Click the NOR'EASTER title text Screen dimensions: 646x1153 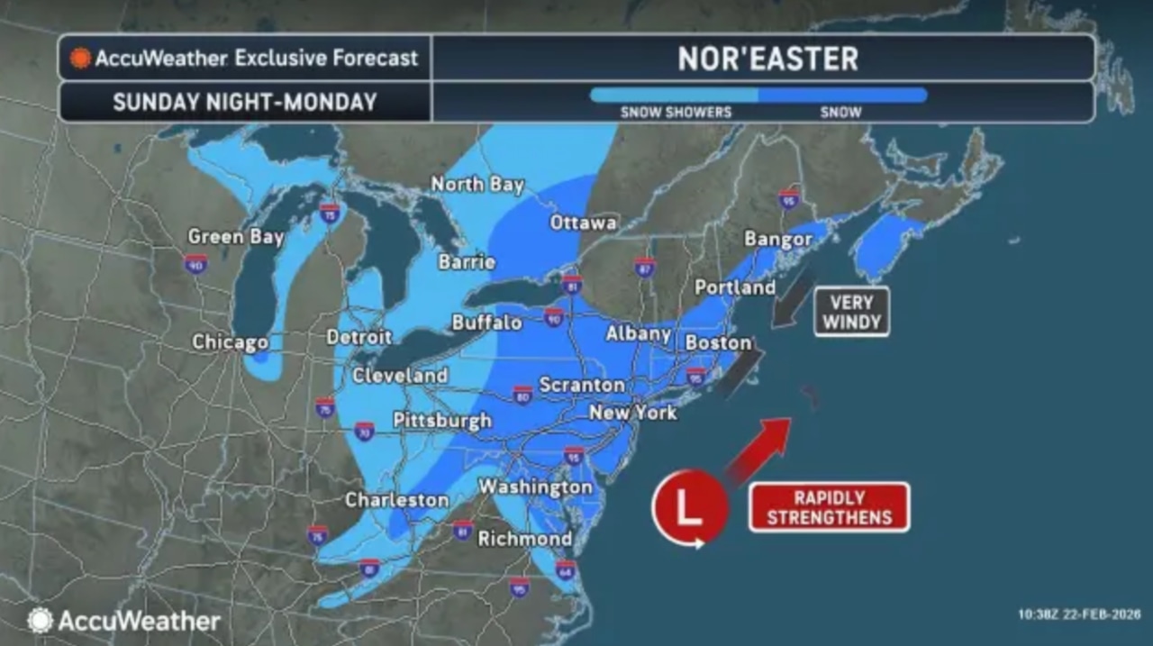click(767, 59)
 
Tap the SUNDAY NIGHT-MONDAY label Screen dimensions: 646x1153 click(244, 102)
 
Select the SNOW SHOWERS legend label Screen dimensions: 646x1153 click(676, 113)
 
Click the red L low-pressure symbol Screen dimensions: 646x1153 click(689, 507)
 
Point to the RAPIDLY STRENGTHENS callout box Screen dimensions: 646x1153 click(829, 507)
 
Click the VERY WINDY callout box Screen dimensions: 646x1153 click(851, 312)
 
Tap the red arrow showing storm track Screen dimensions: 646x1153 click(758, 446)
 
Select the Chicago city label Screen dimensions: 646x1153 click(230, 342)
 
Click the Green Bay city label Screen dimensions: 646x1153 click(235, 237)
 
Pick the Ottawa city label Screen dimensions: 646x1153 click(583, 222)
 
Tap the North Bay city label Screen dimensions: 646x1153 click(477, 184)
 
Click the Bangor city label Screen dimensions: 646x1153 click(778, 239)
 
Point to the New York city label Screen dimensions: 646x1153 click(632, 413)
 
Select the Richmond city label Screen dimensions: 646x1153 click(524, 539)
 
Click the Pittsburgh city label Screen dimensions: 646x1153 click(442, 420)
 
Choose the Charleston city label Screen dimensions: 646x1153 click(396, 499)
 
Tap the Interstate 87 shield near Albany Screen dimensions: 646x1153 click(644, 267)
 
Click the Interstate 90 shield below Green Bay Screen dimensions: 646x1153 click(195, 264)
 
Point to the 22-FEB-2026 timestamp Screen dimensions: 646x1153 click(1078, 614)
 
